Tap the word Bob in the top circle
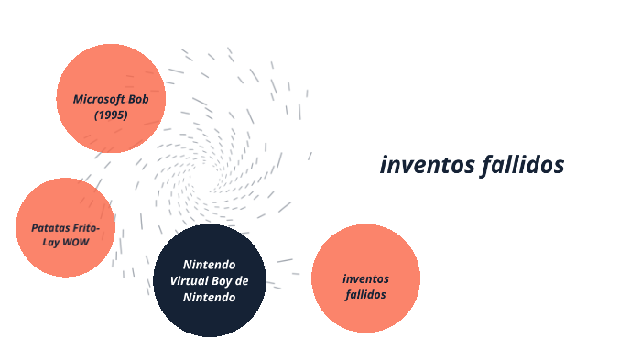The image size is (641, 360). pos(142,99)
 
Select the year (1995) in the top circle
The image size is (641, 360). pos(111,115)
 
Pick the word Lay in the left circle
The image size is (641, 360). pos(51,242)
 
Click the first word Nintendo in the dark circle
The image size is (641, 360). pos(210,264)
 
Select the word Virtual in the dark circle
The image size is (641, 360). pos(190,280)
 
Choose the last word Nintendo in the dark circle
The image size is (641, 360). pos(210,297)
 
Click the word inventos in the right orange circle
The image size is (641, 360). pos(365,278)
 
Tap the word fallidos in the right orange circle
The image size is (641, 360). pos(365,294)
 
